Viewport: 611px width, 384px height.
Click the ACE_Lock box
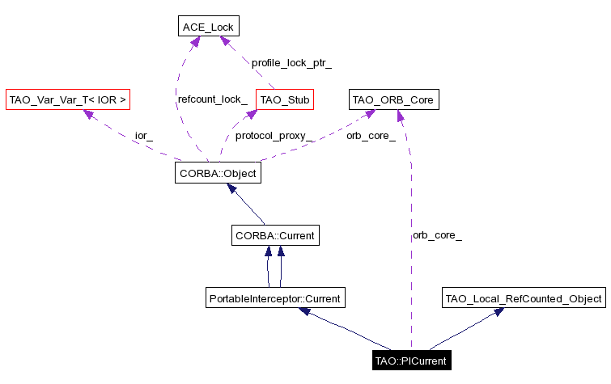tap(207, 27)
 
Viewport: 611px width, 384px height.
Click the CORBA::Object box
tap(219, 172)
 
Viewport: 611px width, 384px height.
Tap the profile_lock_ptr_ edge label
tap(291, 62)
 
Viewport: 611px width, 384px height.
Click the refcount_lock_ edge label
tap(213, 99)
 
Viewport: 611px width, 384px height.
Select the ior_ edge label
tap(144, 135)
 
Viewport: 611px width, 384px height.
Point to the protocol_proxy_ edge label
tap(274, 135)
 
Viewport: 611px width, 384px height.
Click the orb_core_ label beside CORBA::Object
tap(371, 135)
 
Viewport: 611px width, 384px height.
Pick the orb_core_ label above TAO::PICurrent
tap(437, 235)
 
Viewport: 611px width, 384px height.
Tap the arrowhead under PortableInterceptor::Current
tap(303, 311)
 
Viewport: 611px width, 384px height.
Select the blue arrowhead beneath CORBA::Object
tap(231, 188)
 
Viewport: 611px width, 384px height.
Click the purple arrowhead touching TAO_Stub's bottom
tap(240, 115)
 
